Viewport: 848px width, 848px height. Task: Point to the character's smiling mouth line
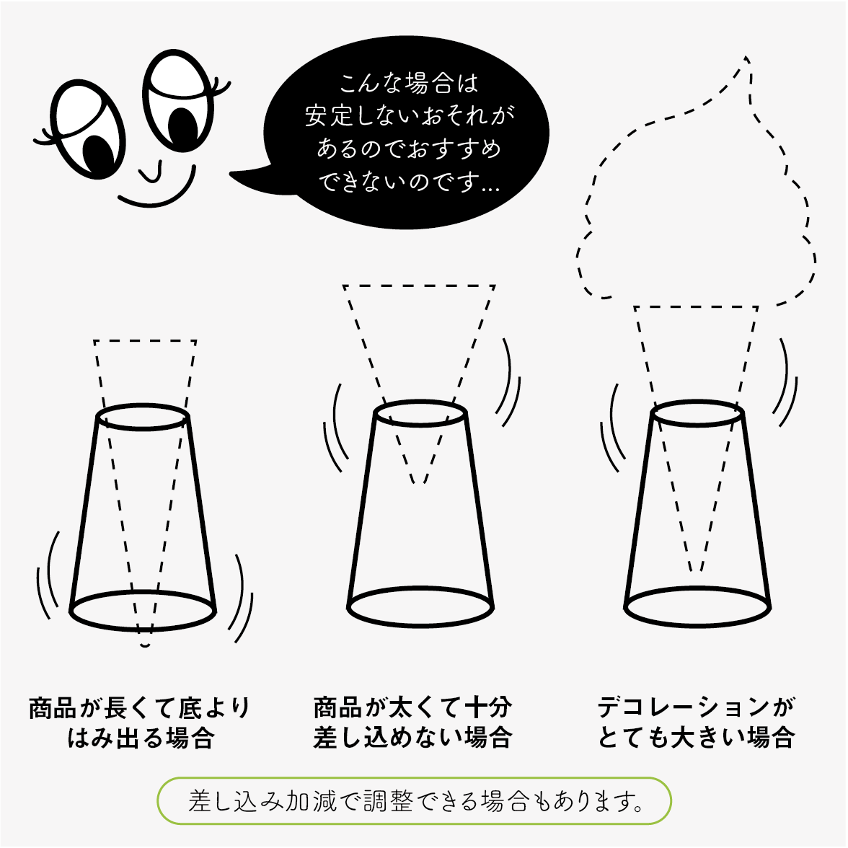point(158,192)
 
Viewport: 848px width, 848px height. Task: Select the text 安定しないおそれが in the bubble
point(410,115)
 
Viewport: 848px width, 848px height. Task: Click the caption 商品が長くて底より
point(140,708)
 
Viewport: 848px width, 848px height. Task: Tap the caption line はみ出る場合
point(141,738)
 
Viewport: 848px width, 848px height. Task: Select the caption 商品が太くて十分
point(412,707)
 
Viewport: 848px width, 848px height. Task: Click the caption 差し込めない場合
point(412,737)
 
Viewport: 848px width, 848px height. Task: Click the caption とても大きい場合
point(696,737)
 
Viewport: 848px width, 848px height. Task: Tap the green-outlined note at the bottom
point(414,801)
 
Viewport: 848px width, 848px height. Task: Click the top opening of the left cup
point(143,417)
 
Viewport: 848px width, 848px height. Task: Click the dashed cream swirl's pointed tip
point(746,58)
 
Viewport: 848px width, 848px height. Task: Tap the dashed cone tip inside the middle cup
point(419,482)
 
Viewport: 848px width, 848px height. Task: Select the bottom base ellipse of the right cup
point(698,607)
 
